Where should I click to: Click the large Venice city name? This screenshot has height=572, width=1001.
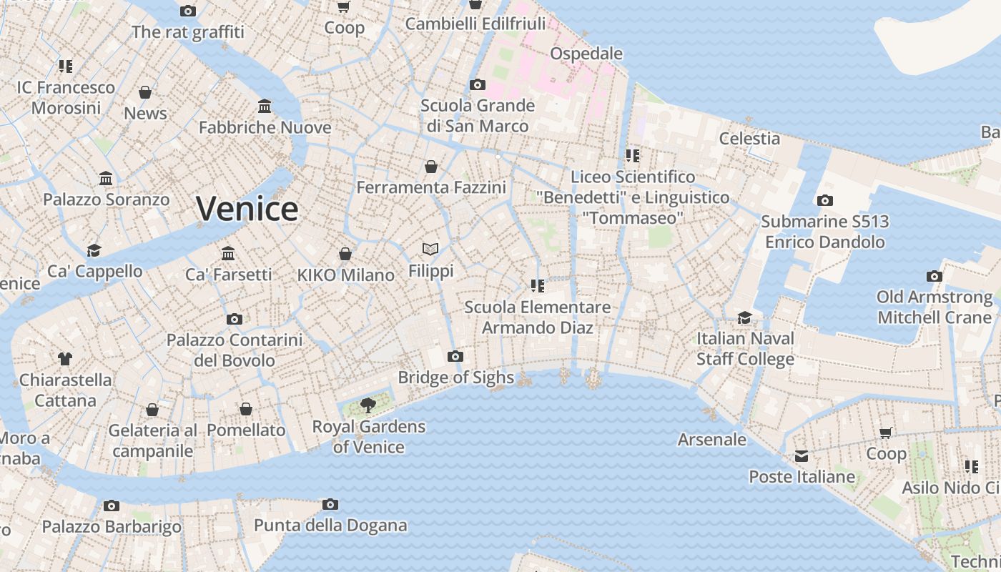[247, 209]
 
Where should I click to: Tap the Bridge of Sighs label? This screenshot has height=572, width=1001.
[455, 378]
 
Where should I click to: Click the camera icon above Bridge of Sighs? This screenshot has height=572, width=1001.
[455, 356]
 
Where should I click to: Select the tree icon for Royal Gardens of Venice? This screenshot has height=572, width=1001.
[368, 405]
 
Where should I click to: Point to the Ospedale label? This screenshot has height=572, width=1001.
[586, 54]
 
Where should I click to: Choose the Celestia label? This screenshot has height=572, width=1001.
[749, 138]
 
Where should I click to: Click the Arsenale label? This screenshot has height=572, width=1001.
[711, 439]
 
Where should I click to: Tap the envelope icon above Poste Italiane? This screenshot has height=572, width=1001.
[802, 455]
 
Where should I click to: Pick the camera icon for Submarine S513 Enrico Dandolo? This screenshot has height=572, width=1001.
[824, 200]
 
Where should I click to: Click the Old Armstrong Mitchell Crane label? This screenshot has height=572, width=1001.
[935, 307]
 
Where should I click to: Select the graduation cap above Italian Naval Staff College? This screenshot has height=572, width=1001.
[745, 317]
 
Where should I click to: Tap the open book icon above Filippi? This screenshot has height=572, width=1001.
[430, 249]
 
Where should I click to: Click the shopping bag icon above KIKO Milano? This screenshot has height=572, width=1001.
[345, 254]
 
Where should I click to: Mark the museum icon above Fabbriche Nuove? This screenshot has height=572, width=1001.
[265, 107]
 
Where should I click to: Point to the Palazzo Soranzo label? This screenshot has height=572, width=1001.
[106, 199]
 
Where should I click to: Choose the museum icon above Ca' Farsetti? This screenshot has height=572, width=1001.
[228, 253]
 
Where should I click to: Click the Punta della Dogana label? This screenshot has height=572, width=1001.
[330, 526]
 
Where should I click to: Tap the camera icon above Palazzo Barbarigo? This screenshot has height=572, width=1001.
[111, 506]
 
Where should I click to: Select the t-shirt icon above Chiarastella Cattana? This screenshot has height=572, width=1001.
[65, 358]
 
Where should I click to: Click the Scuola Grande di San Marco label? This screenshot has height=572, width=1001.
[478, 116]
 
